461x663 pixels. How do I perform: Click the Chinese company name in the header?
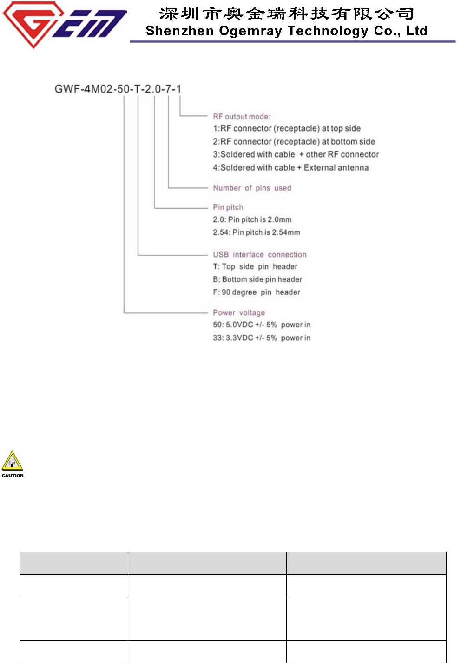point(287,13)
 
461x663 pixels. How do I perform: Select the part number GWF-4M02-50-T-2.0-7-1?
point(118,88)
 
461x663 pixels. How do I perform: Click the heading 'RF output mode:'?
point(242,117)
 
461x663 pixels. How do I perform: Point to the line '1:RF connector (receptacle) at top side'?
point(287,128)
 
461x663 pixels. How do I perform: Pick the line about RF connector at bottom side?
point(294,141)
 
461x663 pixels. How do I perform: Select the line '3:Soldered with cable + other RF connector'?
point(296,154)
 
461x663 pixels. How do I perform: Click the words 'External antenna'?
point(336,167)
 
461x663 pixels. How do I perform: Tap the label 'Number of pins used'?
point(252,188)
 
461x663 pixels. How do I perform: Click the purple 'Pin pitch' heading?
point(228,207)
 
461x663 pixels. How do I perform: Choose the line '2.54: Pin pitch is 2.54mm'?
point(257,232)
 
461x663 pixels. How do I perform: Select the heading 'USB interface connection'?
point(260,254)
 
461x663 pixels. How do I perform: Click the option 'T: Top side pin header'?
point(255,266)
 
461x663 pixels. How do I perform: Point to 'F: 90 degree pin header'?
point(257,292)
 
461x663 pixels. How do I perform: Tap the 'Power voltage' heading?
point(239,312)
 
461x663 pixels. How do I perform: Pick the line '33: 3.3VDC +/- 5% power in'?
point(262,338)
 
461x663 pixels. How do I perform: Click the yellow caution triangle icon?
point(12,461)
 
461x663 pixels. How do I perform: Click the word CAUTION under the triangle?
point(13,476)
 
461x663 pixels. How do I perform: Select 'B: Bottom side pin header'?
point(257,279)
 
